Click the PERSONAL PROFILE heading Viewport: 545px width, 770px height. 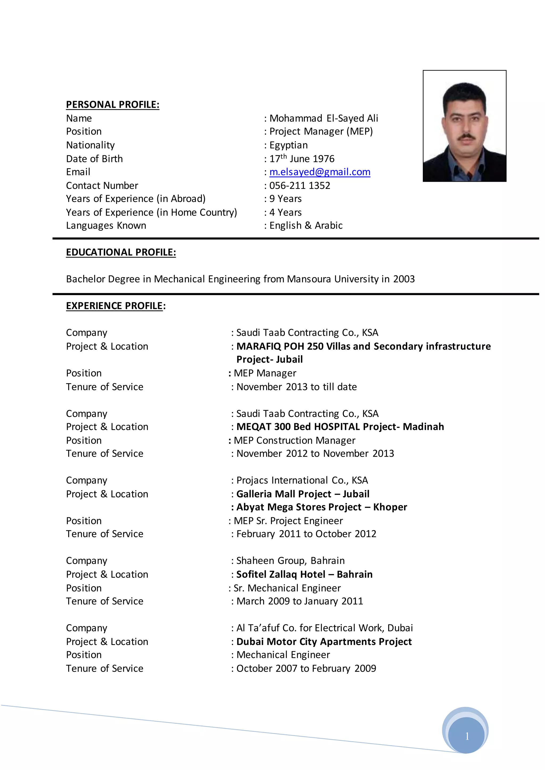[x=112, y=105]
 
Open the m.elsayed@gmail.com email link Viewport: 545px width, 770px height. [x=320, y=172]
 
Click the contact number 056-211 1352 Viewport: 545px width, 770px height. [x=300, y=185]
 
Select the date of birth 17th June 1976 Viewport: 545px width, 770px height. [x=302, y=158]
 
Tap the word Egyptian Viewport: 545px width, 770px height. [x=288, y=145]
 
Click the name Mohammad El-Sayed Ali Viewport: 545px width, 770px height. [x=324, y=118]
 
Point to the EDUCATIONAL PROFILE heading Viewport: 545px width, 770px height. [x=121, y=252]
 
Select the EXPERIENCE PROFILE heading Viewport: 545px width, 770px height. [x=114, y=306]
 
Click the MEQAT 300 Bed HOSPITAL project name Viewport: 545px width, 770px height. [x=340, y=427]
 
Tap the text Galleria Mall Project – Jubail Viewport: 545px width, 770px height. [x=303, y=494]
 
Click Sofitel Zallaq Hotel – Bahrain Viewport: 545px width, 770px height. [x=304, y=574]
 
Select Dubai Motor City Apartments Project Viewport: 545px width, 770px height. [x=324, y=641]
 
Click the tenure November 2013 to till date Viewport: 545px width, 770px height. [x=296, y=387]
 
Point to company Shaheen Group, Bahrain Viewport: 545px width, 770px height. [x=290, y=561]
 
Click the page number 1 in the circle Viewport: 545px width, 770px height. [x=467, y=736]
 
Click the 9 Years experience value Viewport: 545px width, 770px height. [x=285, y=199]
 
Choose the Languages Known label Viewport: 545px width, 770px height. [x=106, y=225]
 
